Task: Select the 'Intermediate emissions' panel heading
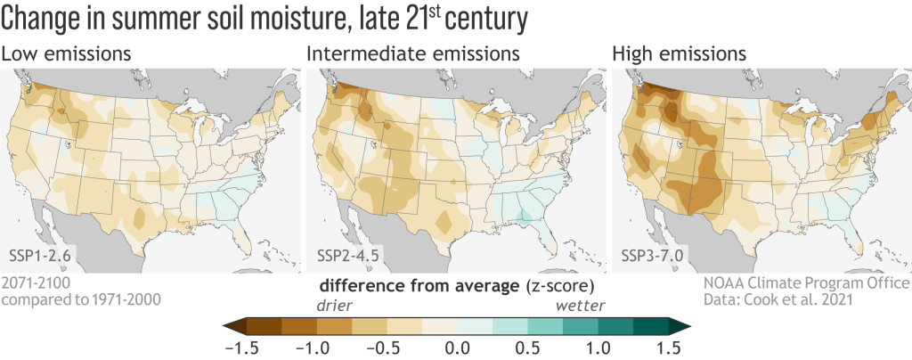[412, 54]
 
